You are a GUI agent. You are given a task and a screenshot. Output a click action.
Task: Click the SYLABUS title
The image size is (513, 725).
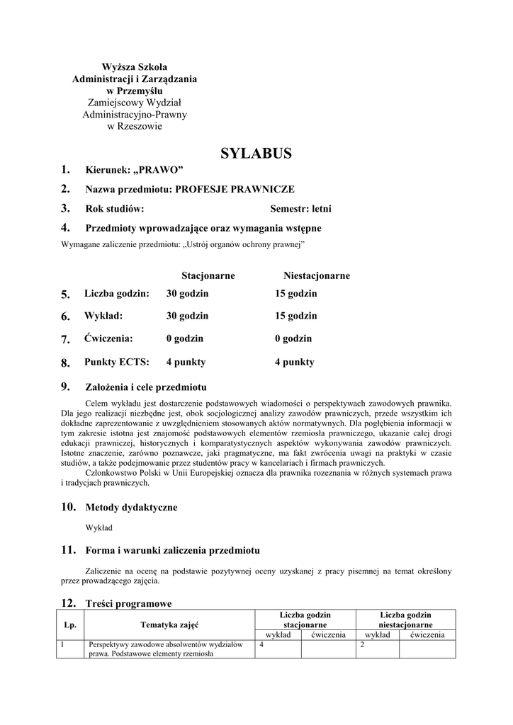coord(256,154)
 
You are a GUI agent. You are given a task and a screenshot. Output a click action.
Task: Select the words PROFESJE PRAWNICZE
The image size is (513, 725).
coord(235,189)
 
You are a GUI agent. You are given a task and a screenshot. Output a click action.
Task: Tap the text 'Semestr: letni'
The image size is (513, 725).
coord(300,209)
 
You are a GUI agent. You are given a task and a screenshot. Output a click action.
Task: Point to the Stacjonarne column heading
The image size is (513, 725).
coord(208,275)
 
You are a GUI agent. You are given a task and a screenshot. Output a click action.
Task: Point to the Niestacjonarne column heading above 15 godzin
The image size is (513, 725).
coord(316,275)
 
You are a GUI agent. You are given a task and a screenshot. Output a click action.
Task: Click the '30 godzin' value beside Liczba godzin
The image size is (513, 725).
coord(187,293)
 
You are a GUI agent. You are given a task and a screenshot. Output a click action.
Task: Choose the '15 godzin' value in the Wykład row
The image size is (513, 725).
coord(295,316)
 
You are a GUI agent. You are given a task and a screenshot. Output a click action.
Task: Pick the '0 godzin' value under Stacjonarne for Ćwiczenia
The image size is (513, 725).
coord(184,338)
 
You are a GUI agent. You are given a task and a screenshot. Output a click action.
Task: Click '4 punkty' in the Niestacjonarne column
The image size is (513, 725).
coord(294,362)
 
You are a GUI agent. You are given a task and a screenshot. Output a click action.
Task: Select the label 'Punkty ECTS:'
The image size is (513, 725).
coord(116,362)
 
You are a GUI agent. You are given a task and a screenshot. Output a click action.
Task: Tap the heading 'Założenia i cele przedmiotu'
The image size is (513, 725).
coord(146,387)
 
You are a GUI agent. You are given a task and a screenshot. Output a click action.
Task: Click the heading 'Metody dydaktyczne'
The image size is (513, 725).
coord(131,507)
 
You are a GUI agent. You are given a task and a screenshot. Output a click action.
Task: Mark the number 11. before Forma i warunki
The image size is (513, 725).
coord(68,549)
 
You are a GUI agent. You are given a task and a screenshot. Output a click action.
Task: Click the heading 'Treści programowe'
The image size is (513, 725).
coord(128,603)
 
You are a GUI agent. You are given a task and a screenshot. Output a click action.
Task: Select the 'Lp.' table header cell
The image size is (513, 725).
coord(70,625)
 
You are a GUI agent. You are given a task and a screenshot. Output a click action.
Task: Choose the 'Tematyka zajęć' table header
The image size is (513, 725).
coord(169,625)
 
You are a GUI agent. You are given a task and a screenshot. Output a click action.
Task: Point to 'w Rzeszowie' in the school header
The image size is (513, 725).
coord(135,126)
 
